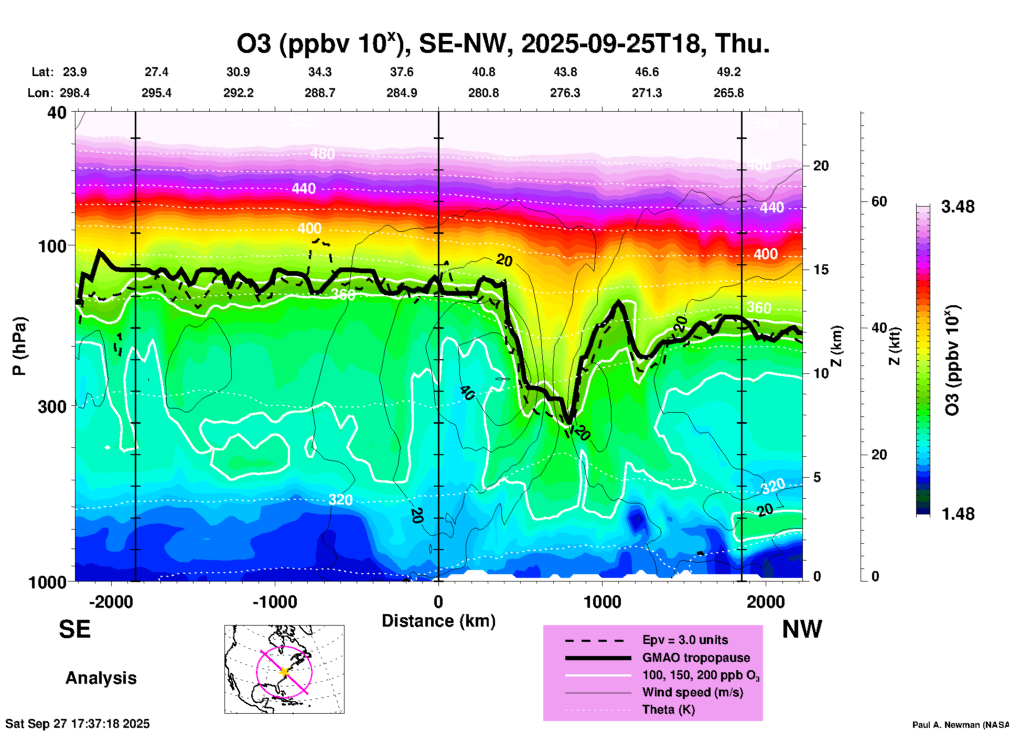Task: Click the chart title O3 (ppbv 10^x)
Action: coord(502,44)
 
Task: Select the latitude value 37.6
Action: coord(402,72)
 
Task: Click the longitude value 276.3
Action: coord(565,93)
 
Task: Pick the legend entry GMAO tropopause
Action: coord(696,658)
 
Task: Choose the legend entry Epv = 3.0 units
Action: coord(684,640)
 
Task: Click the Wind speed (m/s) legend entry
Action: coord(692,692)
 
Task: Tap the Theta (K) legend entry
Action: coord(668,709)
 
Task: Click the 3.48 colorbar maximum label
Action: coord(958,207)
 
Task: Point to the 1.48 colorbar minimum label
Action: coord(958,513)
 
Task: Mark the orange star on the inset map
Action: coord(284,672)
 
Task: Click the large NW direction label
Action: coord(802,629)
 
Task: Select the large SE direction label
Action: coord(74,629)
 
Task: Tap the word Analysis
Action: coord(101,678)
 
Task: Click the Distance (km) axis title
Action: coord(438,621)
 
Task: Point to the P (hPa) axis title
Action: coord(19,346)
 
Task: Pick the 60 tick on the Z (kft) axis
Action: coord(878,201)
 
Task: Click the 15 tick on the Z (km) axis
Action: coord(821,270)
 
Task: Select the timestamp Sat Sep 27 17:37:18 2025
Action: coord(78,724)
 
